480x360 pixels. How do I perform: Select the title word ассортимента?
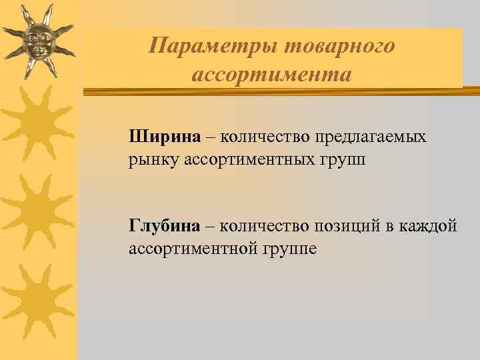coord(271,74)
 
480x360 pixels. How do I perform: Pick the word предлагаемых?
coord(378,137)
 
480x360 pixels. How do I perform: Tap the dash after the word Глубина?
coord(210,226)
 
